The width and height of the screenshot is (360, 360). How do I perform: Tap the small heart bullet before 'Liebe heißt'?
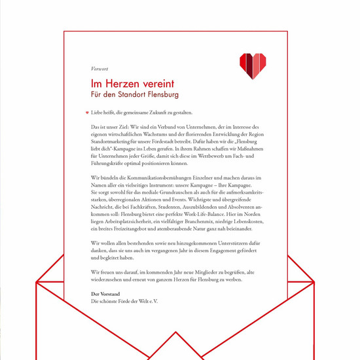coord(87,113)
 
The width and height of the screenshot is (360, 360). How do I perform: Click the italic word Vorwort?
coord(99,69)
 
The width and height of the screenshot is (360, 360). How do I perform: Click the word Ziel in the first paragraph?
coord(131,124)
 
